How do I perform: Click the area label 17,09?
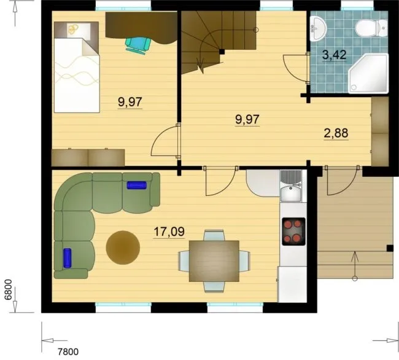pyautogui.click(x=169, y=232)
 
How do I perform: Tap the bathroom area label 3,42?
pyautogui.click(x=334, y=55)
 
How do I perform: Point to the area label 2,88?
pyautogui.click(x=336, y=133)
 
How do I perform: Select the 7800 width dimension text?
pyautogui.click(x=68, y=352)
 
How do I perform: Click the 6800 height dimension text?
pyautogui.click(x=8, y=290)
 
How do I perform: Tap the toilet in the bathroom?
pyautogui.click(x=371, y=28)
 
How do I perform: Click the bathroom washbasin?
pyautogui.click(x=318, y=28)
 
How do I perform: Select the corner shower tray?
pyautogui.click(x=368, y=73)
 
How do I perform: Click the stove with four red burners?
pyautogui.click(x=293, y=232)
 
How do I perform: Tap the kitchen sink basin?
pyautogui.click(x=290, y=194)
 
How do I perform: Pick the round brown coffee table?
pyautogui.click(x=123, y=248)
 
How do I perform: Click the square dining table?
pyautogui.click(x=214, y=261)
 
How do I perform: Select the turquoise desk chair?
pyautogui.click(x=138, y=45)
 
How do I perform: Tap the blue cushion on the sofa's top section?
pyautogui.click(x=137, y=185)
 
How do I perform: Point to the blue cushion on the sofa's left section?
pyautogui.click(x=67, y=258)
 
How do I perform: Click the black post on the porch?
pyautogui.click(x=390, y=248)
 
